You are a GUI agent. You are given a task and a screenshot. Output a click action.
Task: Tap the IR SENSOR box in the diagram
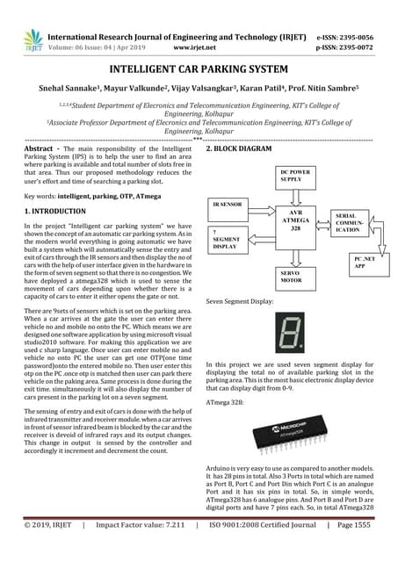[x=227, y=204]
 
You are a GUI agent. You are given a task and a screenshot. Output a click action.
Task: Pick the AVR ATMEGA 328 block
[x=295, y=219]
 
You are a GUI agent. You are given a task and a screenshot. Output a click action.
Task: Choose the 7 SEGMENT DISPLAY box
[x=227, y=239]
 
